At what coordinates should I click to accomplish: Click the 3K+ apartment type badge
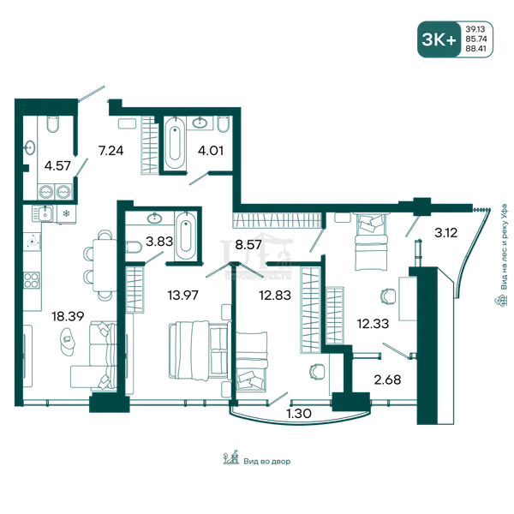pyautogui.click(x=439, y=39)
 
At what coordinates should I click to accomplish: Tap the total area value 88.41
pyautogui.click(x=476, y=49)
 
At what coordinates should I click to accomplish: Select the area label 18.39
pyautogui.click(x=68, y=316)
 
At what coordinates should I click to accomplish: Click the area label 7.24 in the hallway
pyautogui.click(x=111, y=151)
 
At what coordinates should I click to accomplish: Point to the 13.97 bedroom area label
pyautogui.click(x=183, y=296)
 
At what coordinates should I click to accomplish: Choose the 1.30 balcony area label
pyautogui.click(x=299, y=414)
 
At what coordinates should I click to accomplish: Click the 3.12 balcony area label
pyautogui.click(x=445, y=233)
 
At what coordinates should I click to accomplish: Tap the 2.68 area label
pyautogui.click(x=387, y=380)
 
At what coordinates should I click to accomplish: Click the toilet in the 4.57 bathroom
pyautogui.click(x=52, y=123)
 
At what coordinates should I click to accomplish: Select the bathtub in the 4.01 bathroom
pyautogui.click(x=175, y=143)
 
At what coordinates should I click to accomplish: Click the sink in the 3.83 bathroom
pyautogui.click(x=154, y=218)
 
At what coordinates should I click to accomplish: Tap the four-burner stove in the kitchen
pyautogui.click(x=32, y=281)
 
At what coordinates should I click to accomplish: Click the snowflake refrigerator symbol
pyautogui.click(x=66, y=214)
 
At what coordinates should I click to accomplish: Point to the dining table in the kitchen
pyautogui.click(x=105, y=266)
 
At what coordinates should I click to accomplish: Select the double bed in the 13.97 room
pyautogui.click(x=199, y=350)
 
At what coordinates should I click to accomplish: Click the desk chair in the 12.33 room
pyautogui.click(x=388, y=296)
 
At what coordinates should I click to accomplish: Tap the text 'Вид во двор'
pyautogui.click(x=266, y=462)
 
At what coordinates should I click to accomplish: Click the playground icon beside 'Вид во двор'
pyautogui.click(x=231, y=457)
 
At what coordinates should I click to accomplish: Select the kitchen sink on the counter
pyautogui.click(x=45, y=213)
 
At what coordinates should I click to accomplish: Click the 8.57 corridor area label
pyautogui.click(x=248, y=244)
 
